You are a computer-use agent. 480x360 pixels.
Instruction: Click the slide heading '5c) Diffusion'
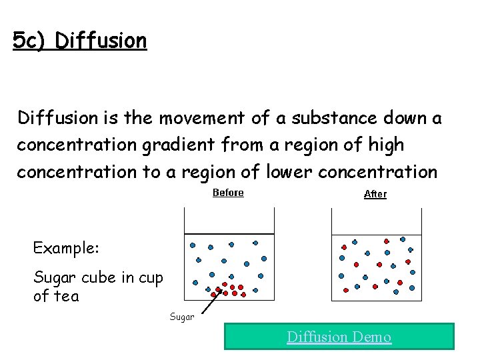click(79, 41)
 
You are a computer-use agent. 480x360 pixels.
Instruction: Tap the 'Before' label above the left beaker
click(228, 193)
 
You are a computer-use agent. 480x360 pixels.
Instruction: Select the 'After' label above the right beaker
click(375, 195)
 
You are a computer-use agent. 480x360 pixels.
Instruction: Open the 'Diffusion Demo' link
click(339, 337)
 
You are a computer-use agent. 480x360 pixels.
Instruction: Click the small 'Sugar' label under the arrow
click(181, 317)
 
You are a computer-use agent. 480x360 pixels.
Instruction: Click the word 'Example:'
click(66, 248)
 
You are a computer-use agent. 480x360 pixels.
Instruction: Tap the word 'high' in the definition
click(387, 144)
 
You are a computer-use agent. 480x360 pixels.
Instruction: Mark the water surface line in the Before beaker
click(229, 233)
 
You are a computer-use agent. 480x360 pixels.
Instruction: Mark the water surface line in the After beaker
click(377, 233)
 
